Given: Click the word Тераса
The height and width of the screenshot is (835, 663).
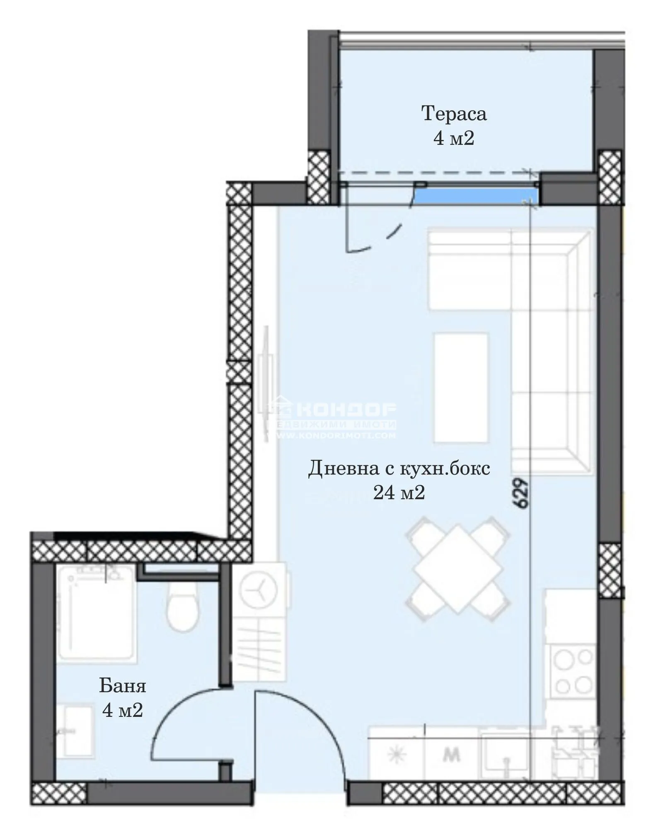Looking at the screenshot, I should [454, 114].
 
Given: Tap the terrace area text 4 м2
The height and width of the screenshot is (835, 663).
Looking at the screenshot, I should [454, 138].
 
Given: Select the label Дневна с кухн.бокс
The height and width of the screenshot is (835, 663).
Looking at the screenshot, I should [399, 468].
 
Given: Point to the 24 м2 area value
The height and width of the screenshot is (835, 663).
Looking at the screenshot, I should [399, 493].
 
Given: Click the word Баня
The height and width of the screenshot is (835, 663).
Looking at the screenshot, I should [123, 686].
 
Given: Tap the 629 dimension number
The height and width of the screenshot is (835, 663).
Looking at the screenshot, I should [522, 493].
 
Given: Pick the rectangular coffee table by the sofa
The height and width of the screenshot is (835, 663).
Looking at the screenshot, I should [461, 388].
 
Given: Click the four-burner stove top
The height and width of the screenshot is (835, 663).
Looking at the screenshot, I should [573, 670].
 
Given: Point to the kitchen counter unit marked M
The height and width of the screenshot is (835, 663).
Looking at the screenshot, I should [452, 755].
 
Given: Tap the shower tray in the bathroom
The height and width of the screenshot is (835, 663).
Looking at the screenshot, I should [97, 612].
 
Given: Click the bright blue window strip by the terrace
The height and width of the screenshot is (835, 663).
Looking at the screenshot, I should [477, 196].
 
